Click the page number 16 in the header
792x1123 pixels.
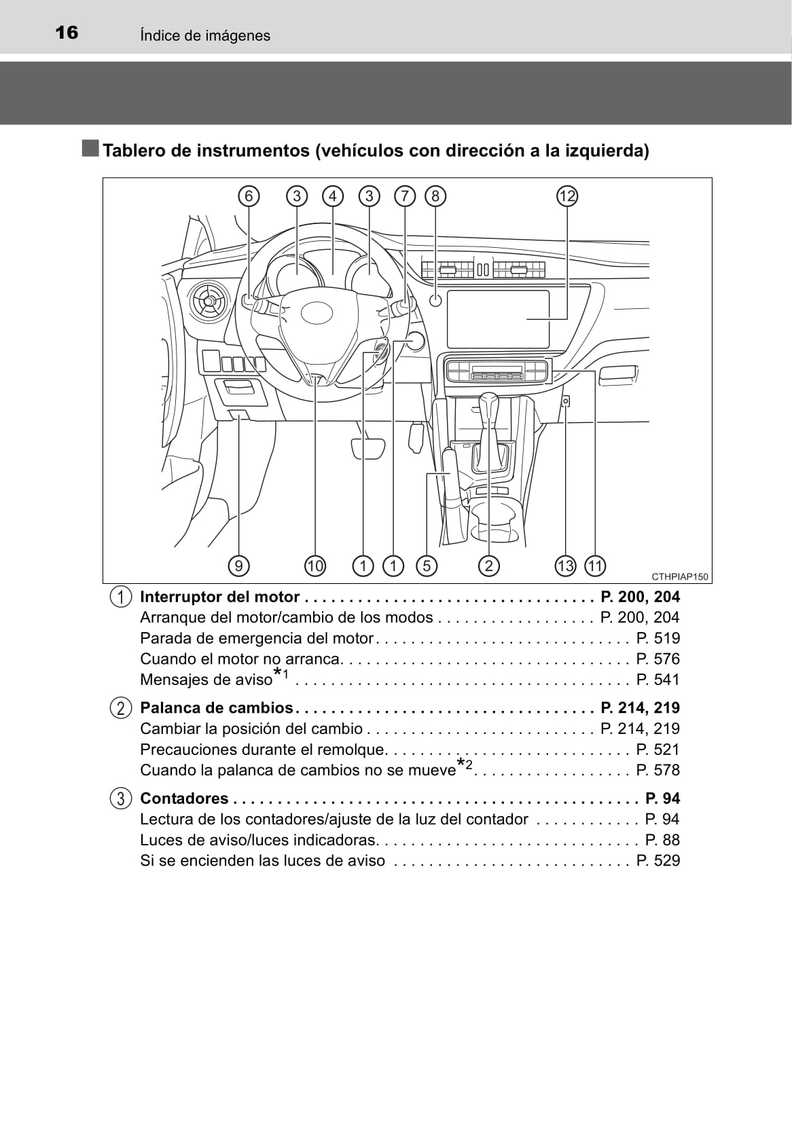(x=67, y=33)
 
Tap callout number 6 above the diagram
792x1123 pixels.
(x=249, y=196)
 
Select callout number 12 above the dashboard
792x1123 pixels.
(x=566, y=196)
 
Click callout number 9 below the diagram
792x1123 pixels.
(x=238, y=566)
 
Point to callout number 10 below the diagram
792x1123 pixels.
(x=315, y=566)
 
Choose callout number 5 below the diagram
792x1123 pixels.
(x=426, y=566)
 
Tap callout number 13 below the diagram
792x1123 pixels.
(x=565, y=566)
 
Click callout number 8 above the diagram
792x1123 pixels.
(x=435, y=196)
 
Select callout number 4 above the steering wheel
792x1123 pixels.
(x=333, y=196)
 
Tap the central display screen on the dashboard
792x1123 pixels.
(x=499, y=318)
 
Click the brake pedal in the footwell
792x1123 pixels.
(x=367, y=448)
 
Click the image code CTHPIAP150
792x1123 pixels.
(x=679, y=577)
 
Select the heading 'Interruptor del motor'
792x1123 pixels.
(x=219, y=597)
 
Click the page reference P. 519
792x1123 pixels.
(x=658, y=638)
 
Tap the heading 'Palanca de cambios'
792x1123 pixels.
(x=216, y=708)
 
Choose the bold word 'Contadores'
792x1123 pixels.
(x=184, y=798)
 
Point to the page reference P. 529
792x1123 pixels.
(x=658, y=861)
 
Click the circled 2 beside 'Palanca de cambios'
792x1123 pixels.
(x=120, y=708)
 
